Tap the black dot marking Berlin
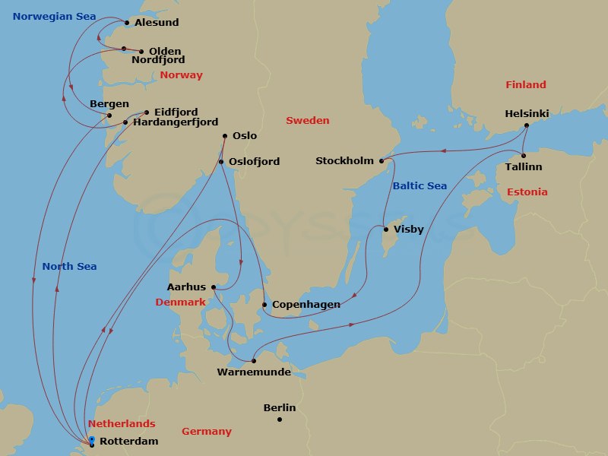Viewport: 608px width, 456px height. [280, 420]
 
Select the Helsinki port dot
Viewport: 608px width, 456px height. [527, 125]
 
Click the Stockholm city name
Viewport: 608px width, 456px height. [345, 161]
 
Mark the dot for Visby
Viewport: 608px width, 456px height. [386, 230]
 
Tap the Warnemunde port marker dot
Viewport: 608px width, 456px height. [254, 361]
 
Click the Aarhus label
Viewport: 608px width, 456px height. [187, 287]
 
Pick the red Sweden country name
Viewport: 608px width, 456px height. [308, 120]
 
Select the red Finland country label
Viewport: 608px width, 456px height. [526, 85]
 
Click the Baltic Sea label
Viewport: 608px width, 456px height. [420, 186]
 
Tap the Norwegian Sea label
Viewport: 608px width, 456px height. [54, 16]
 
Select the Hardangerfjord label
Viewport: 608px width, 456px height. [176, 122]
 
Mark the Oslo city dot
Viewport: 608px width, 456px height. [225, 137]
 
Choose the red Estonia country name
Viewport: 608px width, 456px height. [527, 192]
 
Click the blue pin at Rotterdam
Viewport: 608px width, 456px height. [91, 439]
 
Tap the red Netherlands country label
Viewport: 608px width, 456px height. [122, 424]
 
